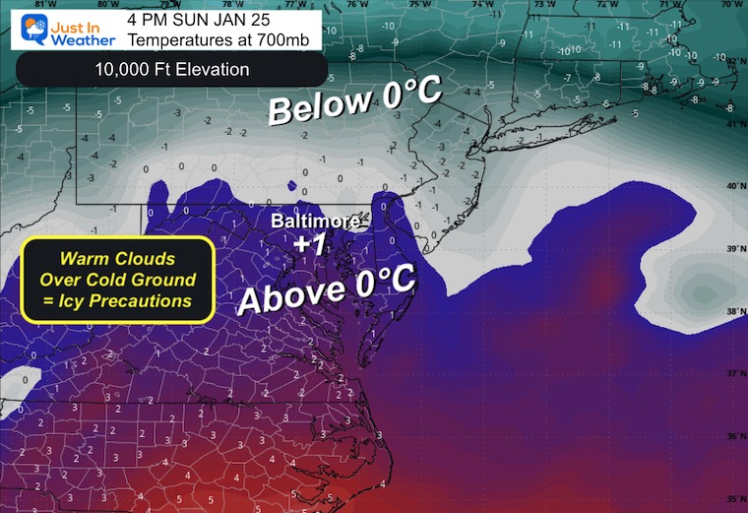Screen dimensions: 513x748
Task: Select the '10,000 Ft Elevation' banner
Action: (172, 70)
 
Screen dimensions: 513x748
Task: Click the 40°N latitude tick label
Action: (731, 186)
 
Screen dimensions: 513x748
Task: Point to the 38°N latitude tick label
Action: (731, 312)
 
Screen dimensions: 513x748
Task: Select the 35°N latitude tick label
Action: (731, 499)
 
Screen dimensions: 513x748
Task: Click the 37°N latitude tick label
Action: (731, 375)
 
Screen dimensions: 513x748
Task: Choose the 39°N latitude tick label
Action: (731, 249)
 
